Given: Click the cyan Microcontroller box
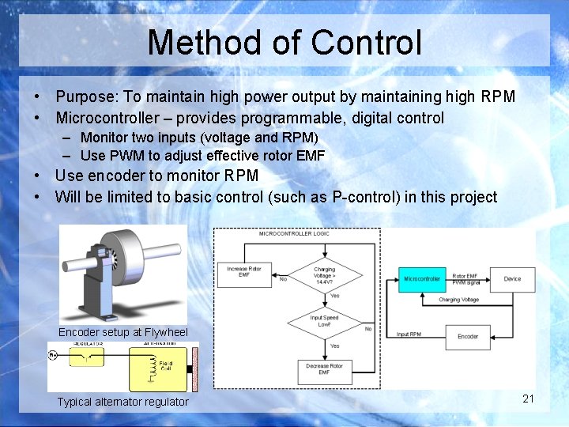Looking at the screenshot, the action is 422,279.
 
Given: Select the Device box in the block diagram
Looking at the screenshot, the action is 512,279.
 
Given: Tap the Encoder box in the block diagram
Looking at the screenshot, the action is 468,336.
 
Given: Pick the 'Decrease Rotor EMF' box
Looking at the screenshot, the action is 325,368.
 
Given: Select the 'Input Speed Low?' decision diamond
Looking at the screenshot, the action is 325,322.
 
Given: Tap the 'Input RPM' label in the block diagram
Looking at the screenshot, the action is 409,334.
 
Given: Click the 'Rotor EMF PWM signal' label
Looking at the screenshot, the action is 465,279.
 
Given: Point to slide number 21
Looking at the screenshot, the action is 529,399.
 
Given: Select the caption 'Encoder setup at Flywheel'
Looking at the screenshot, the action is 123,332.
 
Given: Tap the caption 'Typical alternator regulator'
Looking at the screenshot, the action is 123,402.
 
